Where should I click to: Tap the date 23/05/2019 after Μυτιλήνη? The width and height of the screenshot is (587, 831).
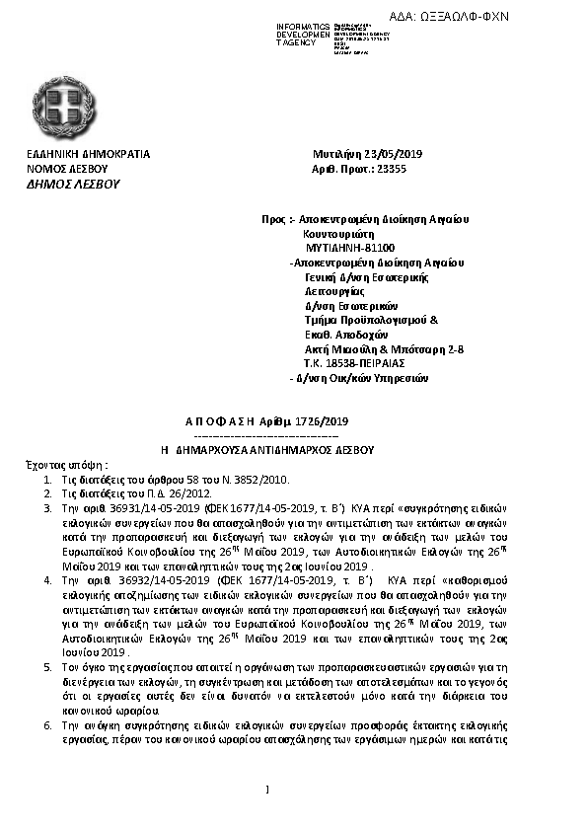coord(394,155)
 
